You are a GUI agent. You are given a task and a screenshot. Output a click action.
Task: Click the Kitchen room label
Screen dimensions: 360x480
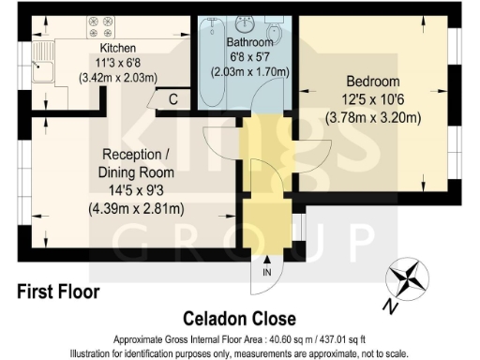click(119, 48)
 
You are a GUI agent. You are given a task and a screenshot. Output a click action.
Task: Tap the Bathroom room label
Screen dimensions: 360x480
click(250, 42)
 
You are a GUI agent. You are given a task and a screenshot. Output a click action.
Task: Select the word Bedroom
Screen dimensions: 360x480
click(373, 81)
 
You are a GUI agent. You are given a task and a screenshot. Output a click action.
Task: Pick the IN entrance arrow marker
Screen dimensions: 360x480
click(267, 272)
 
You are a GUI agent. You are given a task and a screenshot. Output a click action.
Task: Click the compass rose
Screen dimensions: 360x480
click(408, 277)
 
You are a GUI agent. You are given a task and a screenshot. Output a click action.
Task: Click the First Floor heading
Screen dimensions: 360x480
click(58, 292)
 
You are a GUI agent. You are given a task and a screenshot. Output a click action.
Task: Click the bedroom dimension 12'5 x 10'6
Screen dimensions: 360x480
click(373, 98)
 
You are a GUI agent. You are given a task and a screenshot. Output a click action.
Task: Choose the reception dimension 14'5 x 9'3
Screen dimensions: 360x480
click(138, 190)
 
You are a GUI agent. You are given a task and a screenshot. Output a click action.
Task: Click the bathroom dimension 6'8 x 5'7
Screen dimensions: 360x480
click(250, 56)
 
